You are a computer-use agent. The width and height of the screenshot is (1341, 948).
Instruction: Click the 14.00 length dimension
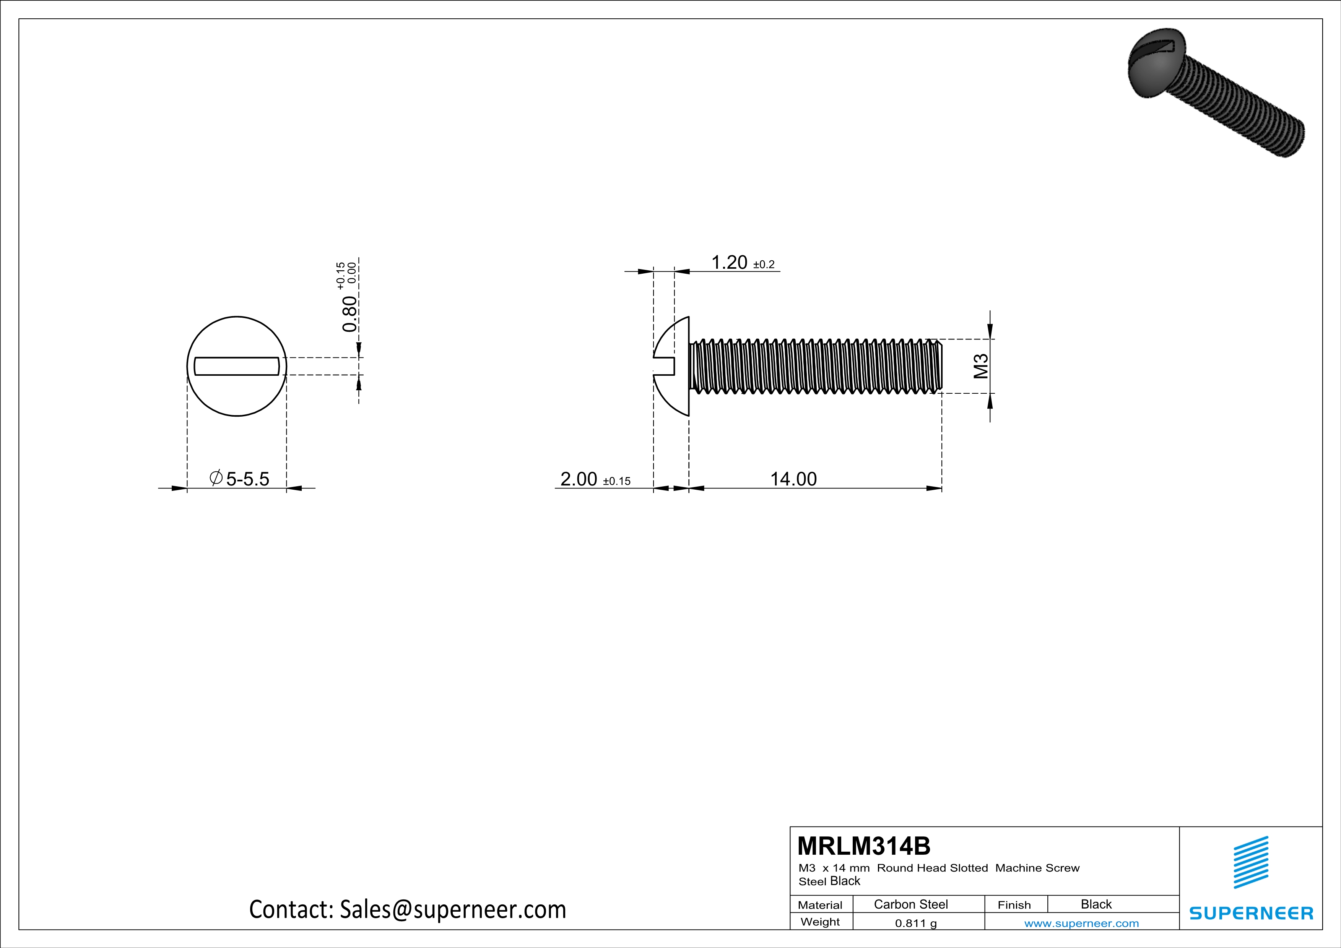pos(793,479)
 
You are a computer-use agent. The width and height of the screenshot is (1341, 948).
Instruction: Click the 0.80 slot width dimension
pos(349,313)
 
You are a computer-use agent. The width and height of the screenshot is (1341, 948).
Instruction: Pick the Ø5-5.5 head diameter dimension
pos(239,479)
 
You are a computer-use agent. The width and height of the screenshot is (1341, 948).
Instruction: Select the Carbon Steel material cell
pos(910,904)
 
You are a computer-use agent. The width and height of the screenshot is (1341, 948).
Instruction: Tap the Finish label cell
pos(1014,905)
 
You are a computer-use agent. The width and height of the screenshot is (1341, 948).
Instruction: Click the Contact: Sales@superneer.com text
pos(407,909)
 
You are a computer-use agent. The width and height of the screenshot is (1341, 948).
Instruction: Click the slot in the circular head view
pos(237,366)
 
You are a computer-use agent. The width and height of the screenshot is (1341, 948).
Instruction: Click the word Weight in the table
pos(820,922)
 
